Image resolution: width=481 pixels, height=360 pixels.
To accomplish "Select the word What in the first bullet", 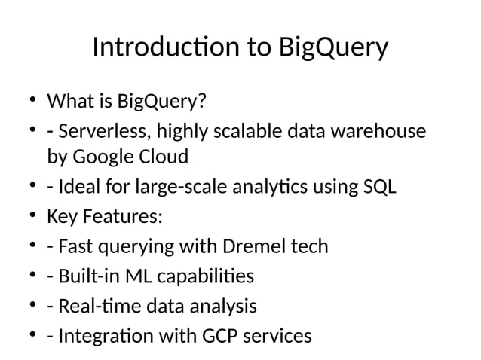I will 69,100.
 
